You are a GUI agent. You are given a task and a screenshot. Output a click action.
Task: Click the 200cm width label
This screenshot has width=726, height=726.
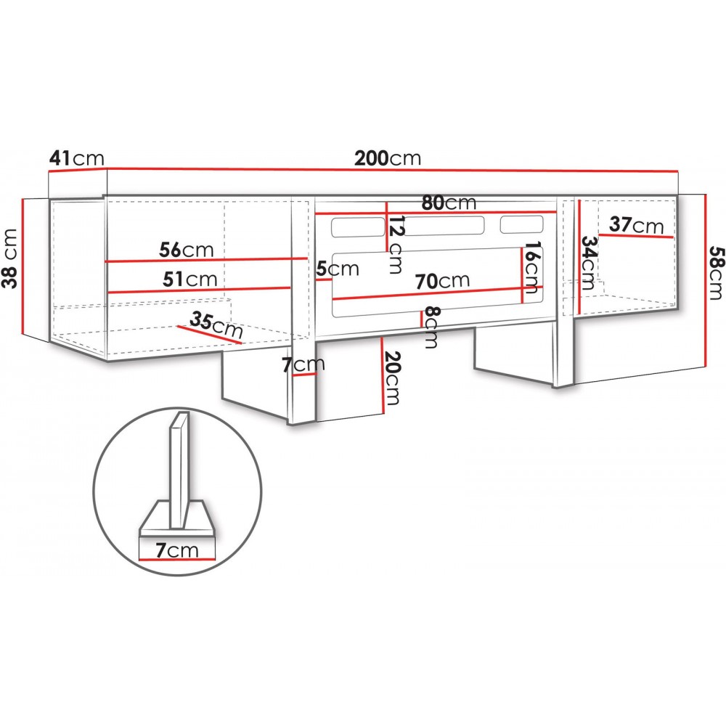coord(388,158)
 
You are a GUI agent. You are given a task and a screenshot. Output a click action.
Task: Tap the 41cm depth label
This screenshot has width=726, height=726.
coord(77,158)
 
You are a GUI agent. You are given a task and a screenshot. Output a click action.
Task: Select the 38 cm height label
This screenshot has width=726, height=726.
coord(9,258)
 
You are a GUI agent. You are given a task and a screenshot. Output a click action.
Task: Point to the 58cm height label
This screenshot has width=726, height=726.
coord(716,273)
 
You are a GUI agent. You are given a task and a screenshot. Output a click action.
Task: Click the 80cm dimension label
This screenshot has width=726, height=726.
coord(449,203)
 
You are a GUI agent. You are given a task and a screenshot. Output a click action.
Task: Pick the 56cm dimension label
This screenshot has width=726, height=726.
coord(186,250)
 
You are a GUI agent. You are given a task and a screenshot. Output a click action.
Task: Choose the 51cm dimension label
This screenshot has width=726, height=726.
coord(189,280)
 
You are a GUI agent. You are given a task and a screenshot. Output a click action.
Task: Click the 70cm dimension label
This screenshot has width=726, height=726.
coord(442,281)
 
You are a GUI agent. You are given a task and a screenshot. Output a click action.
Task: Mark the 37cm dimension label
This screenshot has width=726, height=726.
coord(636,225)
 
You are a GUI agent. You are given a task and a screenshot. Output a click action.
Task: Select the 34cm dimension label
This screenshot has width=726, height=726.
coord(588,263)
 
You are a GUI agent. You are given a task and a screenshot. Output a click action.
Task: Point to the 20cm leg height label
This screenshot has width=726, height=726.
coord(392,378)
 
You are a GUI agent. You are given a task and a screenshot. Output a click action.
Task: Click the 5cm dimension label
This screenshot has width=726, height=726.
coord(338,269)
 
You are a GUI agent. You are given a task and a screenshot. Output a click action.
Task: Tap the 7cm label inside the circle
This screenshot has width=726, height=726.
coord(177,550)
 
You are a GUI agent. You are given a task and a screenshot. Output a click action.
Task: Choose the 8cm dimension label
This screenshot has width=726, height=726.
coord(431,327)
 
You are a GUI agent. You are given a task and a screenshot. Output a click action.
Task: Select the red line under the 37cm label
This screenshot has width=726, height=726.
coord(636,236)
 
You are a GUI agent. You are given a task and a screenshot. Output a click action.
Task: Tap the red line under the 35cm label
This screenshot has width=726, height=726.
coord(209,334)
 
